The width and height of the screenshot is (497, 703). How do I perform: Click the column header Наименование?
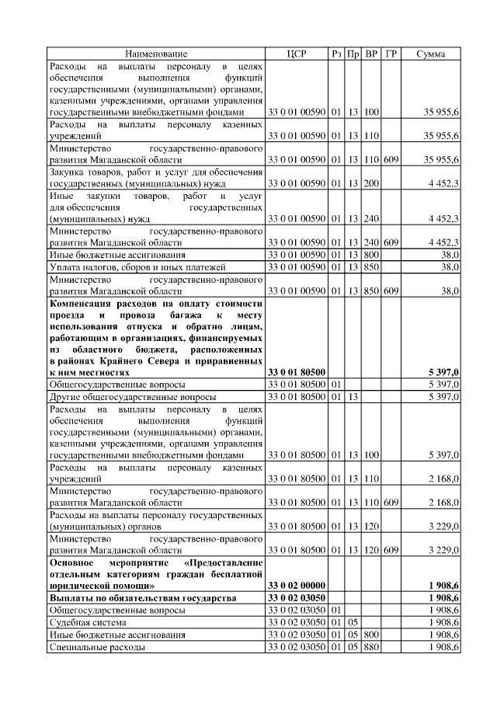(156, 54)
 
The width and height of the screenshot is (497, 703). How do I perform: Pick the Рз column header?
(336, 54)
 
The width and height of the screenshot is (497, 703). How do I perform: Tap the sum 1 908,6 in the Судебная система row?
(443, 622)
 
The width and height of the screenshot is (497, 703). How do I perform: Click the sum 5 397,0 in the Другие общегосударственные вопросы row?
(443, 397)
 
